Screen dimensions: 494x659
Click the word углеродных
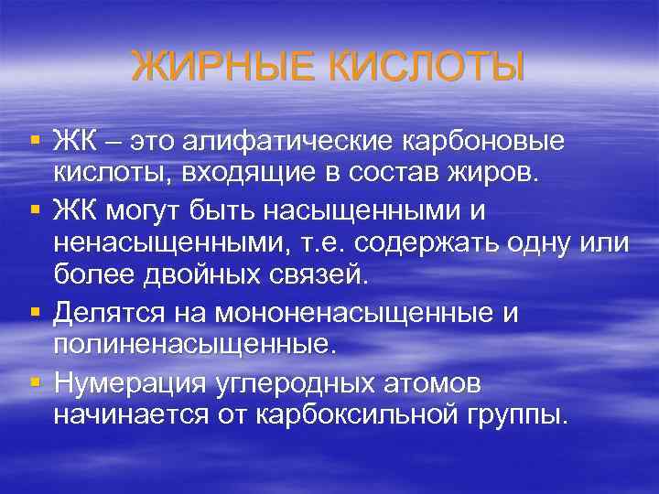[x=305, y=381]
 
